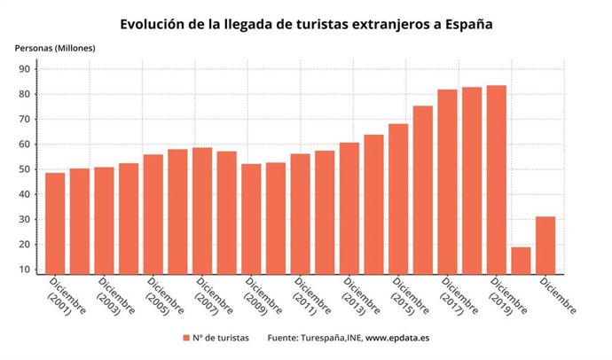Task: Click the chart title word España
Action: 462,24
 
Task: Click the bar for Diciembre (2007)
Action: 202,213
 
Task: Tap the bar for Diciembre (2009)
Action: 251,219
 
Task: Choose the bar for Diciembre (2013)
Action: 349,208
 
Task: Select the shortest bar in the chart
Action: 521,261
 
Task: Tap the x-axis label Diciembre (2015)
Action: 411,296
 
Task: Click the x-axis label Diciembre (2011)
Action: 313,296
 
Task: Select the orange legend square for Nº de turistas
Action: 186,338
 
